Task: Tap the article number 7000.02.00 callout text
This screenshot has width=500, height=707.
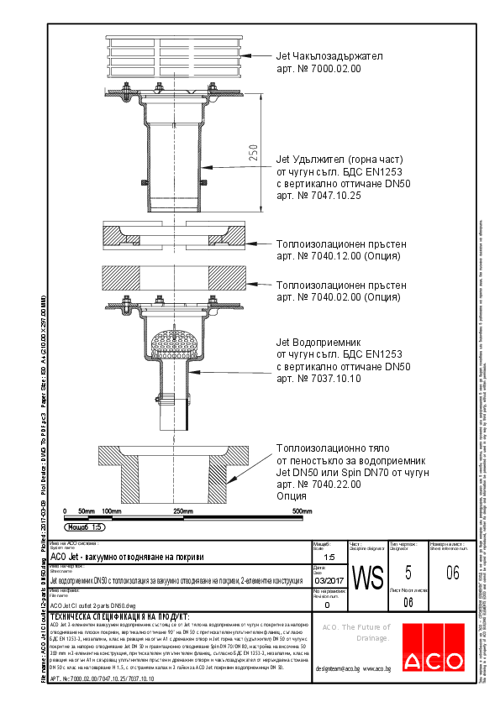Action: tap(318, 70)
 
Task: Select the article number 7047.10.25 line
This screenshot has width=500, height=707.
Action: tap(318, 196)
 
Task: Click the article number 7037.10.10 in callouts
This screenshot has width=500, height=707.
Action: tap(318, 380)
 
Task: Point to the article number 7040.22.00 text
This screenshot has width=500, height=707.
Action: tap(318, 485)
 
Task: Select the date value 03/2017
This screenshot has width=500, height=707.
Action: tap(328, 580)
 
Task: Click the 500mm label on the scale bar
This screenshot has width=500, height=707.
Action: tap(302, 511)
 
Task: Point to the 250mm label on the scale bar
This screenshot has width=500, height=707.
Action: tap(183, 511)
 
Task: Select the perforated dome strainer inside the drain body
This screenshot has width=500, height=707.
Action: tap(176, 342)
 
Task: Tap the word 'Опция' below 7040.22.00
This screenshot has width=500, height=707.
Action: tap(292, 497)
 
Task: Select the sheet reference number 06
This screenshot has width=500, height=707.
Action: tap(452, 573)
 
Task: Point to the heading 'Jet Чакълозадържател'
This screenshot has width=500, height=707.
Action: tap(329, 56)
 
